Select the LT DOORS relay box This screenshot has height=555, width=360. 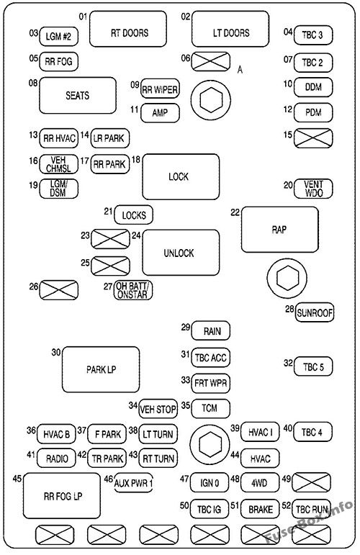click(x=220, y=32)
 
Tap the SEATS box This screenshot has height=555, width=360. click(x=77, y=96)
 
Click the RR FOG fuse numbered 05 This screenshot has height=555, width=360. click(x=58, y=62)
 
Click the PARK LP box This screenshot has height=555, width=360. click(x=100, y=370)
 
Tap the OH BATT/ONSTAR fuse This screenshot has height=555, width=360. click(x=134, y=290)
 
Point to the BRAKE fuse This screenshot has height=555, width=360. click(x=259, y=510)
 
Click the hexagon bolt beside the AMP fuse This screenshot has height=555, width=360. click(x=210, y=101)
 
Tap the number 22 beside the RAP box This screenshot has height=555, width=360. click(x=235, y=212)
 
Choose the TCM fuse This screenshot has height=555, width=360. click(x=210, y=408)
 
